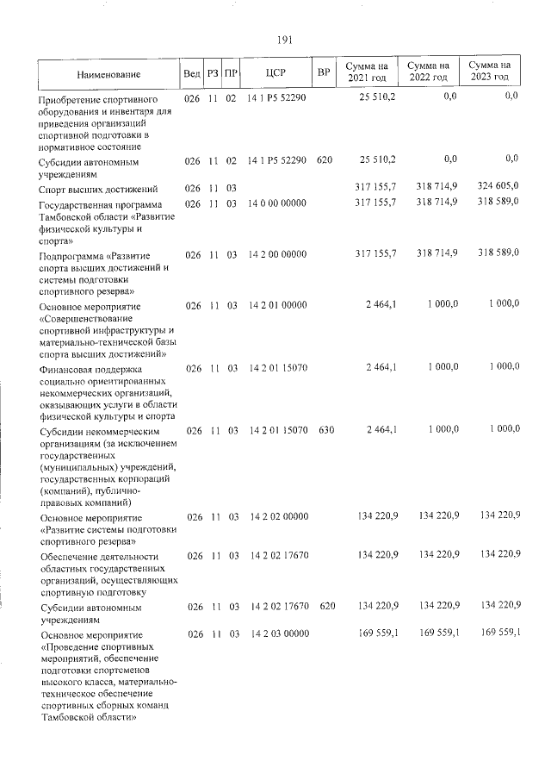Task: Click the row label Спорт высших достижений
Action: (x=98, y=189)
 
